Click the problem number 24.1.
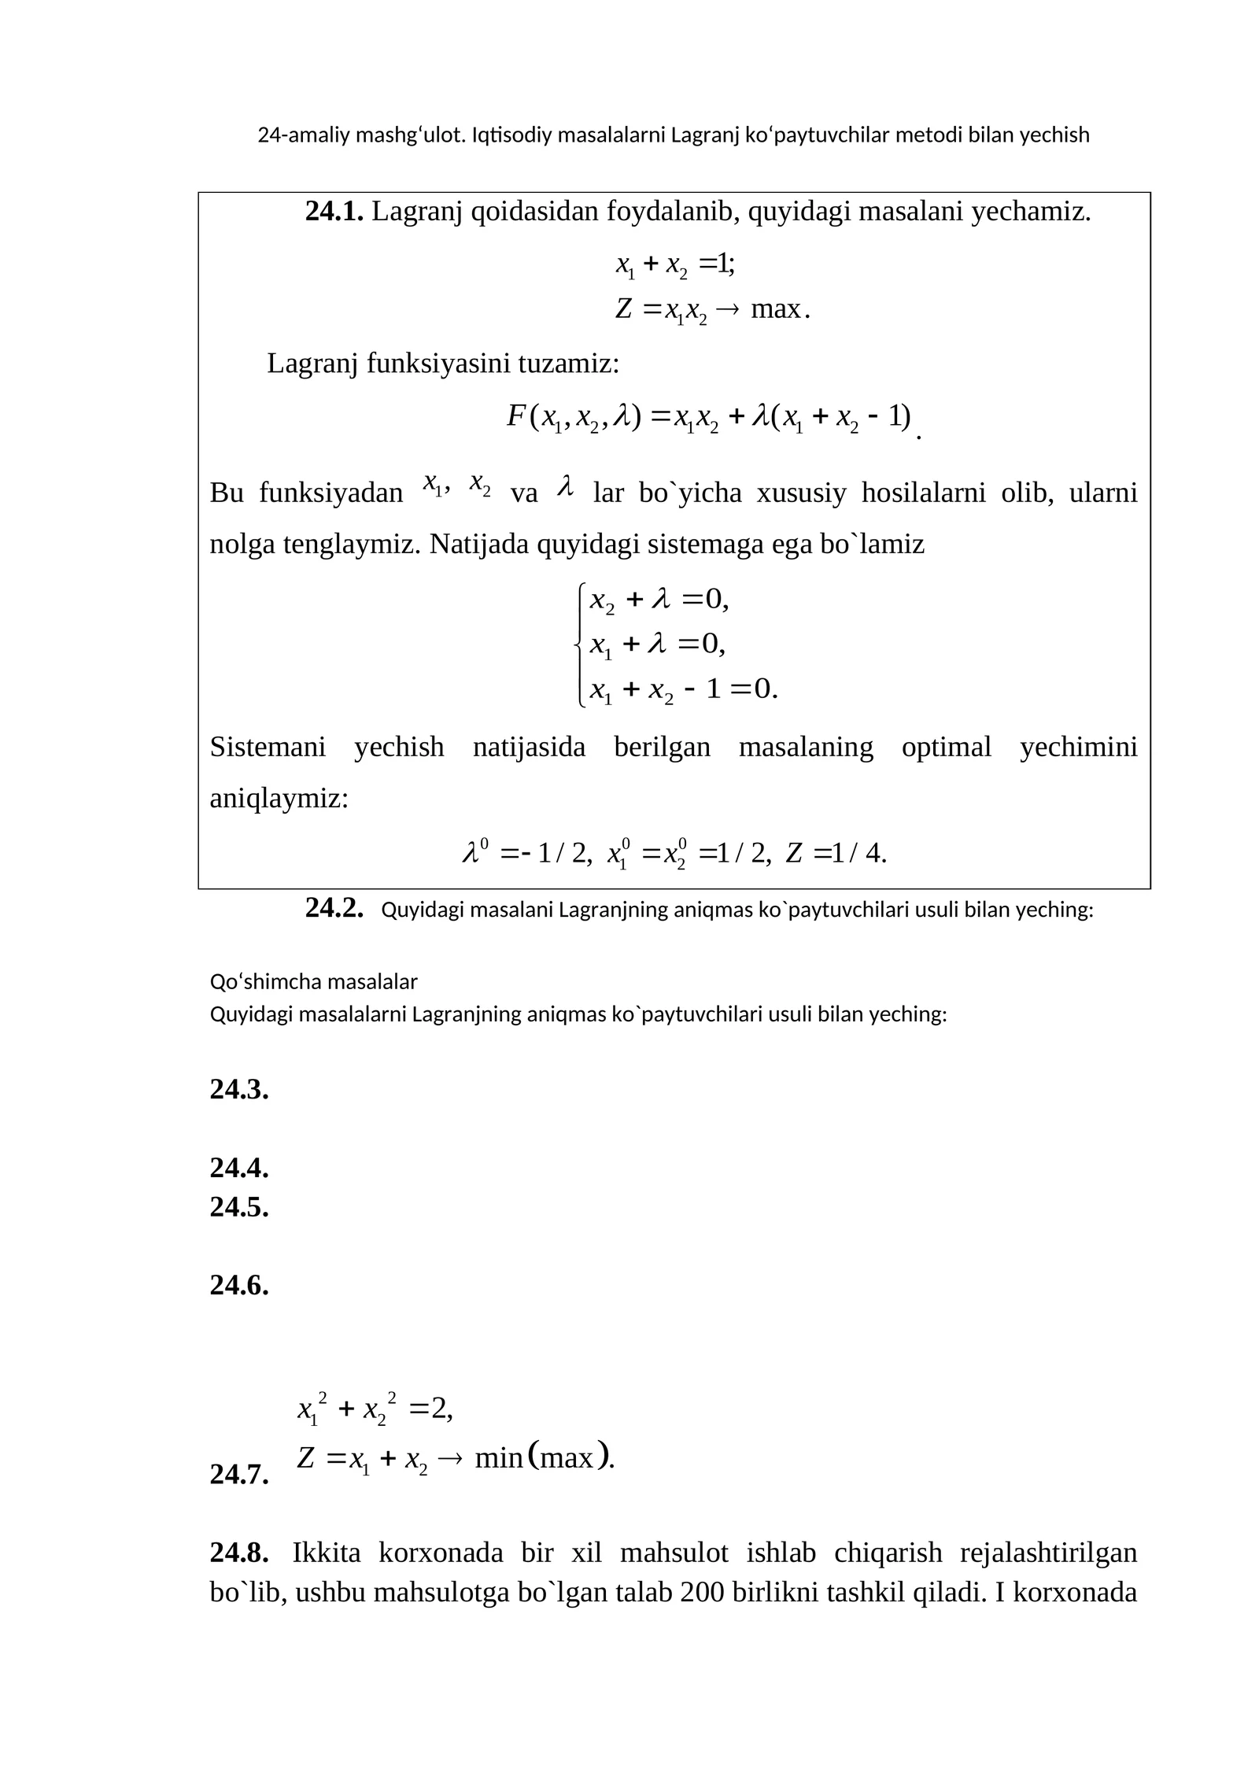(334, 211)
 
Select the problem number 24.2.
(334, 908)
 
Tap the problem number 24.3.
(239, 1089)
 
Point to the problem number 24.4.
(239, 1168)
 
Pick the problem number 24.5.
(239, 1206)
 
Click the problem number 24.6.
(239, 1285)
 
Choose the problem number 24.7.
(239, 1474)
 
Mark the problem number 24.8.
(239, 1553)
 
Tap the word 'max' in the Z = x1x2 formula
(775, 309)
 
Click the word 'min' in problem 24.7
(499, 1458)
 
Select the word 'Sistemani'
(268, 747)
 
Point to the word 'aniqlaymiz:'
(279, 799)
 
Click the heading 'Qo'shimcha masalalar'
(313, 981)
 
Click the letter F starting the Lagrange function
(516, 415)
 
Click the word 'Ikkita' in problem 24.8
(327, 1553)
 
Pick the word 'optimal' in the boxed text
(946, 747)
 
